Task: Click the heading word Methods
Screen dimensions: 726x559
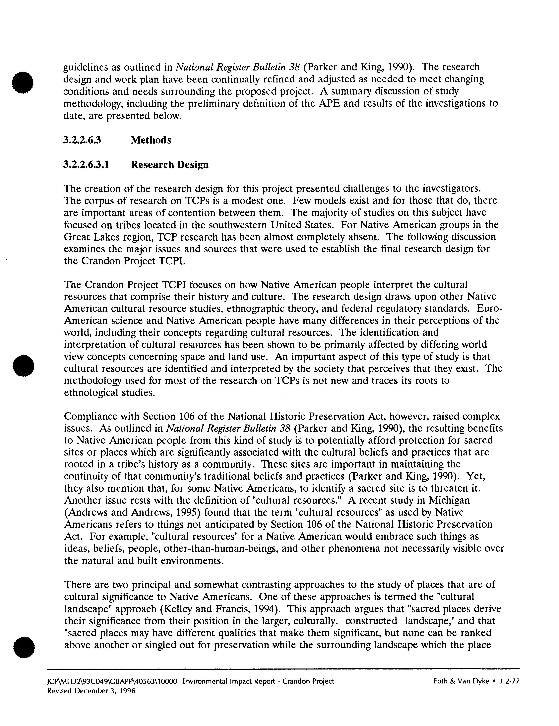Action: coord(151,140)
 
